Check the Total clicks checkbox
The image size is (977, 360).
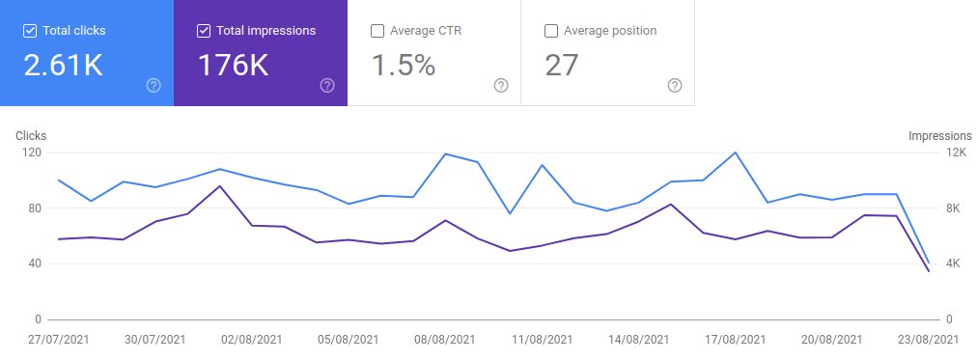[29, 31]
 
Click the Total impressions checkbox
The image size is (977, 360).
[203, 31]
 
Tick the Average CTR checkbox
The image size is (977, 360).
[377, 31]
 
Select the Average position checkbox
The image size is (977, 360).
[550, 31]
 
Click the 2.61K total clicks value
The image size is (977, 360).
[63, 66]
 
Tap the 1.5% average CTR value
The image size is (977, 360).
[404, 66]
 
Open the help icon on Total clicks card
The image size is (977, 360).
[154, 85]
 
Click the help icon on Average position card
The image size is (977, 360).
[675, 85]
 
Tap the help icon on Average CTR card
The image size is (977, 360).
[501, 85]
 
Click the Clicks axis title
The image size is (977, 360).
[31, 136]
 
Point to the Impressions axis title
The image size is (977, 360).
[939, 136]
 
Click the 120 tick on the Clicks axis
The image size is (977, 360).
[33, 152]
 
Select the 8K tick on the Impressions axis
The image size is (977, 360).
[953, 208]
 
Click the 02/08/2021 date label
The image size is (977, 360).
[252, 340]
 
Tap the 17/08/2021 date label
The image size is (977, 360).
[736, 340]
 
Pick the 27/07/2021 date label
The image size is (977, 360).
[59, 340]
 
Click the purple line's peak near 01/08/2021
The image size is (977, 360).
[220, 185]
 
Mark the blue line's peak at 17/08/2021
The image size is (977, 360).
[736, 152]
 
